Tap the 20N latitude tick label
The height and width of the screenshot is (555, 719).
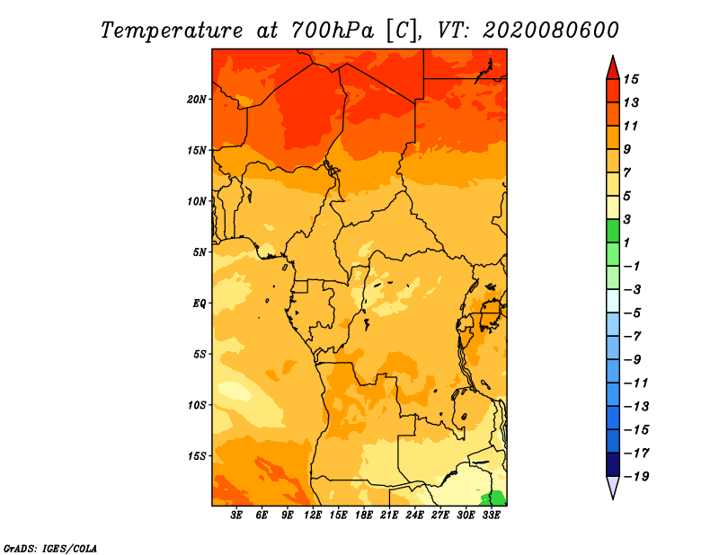[x=198, y=99]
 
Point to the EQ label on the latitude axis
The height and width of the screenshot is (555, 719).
[x=200, y=303]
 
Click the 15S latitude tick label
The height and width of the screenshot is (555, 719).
[x=198, y=455]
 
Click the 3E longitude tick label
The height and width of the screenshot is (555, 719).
[x=237, y=515]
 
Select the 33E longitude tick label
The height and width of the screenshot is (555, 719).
[x=491, y=515]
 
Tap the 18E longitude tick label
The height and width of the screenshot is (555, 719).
[x=364, y=515]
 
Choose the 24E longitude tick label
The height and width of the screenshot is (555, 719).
[x=414, y=515]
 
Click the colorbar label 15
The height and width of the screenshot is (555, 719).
[x=631, y=79]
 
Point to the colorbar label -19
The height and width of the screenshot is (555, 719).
[x=635, y=476]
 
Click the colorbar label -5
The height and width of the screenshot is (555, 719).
[x=632, y=313]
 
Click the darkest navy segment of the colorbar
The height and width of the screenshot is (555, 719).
[x=612, y=464]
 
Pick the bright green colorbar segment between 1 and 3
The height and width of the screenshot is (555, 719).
[x=612, y=231]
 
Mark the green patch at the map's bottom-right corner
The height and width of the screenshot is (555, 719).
[x=495, y=498]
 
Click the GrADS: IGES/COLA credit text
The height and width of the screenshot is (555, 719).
[x=49, y=547]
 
